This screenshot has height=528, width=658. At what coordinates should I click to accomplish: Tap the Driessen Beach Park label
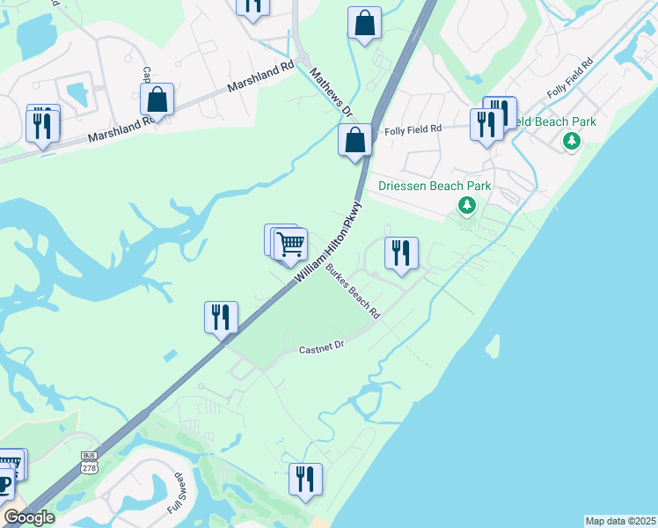pos(435,186)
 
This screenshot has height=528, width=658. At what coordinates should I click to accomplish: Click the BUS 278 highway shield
pos(89,461)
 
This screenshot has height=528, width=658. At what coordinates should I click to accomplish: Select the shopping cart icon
pos(291,243)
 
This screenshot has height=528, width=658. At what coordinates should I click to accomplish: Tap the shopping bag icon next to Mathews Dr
pos(355,139)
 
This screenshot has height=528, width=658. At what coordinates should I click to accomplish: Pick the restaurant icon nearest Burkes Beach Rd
pos(401,253)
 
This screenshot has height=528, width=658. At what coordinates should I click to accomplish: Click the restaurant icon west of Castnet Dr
pos(221,317)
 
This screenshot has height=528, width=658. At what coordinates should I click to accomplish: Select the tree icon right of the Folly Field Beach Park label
pos(572,140)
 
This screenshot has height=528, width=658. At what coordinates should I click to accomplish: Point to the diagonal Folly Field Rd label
pos(569,77)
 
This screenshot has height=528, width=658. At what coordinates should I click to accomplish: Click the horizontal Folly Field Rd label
pos(413,130)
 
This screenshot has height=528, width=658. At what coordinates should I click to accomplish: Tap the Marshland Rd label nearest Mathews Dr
pos(260,77)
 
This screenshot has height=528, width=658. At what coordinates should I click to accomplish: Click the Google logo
pos(29,517)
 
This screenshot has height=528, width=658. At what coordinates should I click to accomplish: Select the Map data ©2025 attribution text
pos(620,521)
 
